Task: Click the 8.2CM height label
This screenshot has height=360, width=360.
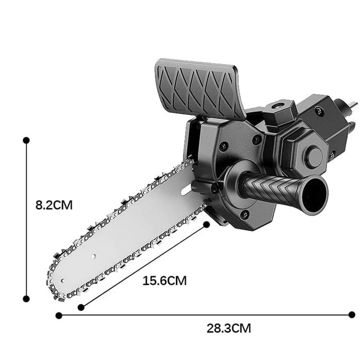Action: (x=54, y=205)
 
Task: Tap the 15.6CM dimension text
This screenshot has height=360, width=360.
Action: (x=164, y=281)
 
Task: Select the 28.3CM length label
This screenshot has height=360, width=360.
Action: (x=229, y=328)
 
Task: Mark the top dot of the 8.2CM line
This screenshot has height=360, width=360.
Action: (x=26, y=140)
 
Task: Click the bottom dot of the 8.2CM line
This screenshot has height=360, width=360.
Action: (x=26, y=298)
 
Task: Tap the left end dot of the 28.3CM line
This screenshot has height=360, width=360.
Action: (x=58, y=315)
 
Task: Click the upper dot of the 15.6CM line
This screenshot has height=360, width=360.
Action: (x=207, y=224)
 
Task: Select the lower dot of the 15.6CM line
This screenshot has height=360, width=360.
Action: (x=81, y=307)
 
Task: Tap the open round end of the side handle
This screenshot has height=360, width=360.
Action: (x=315, y=194)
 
